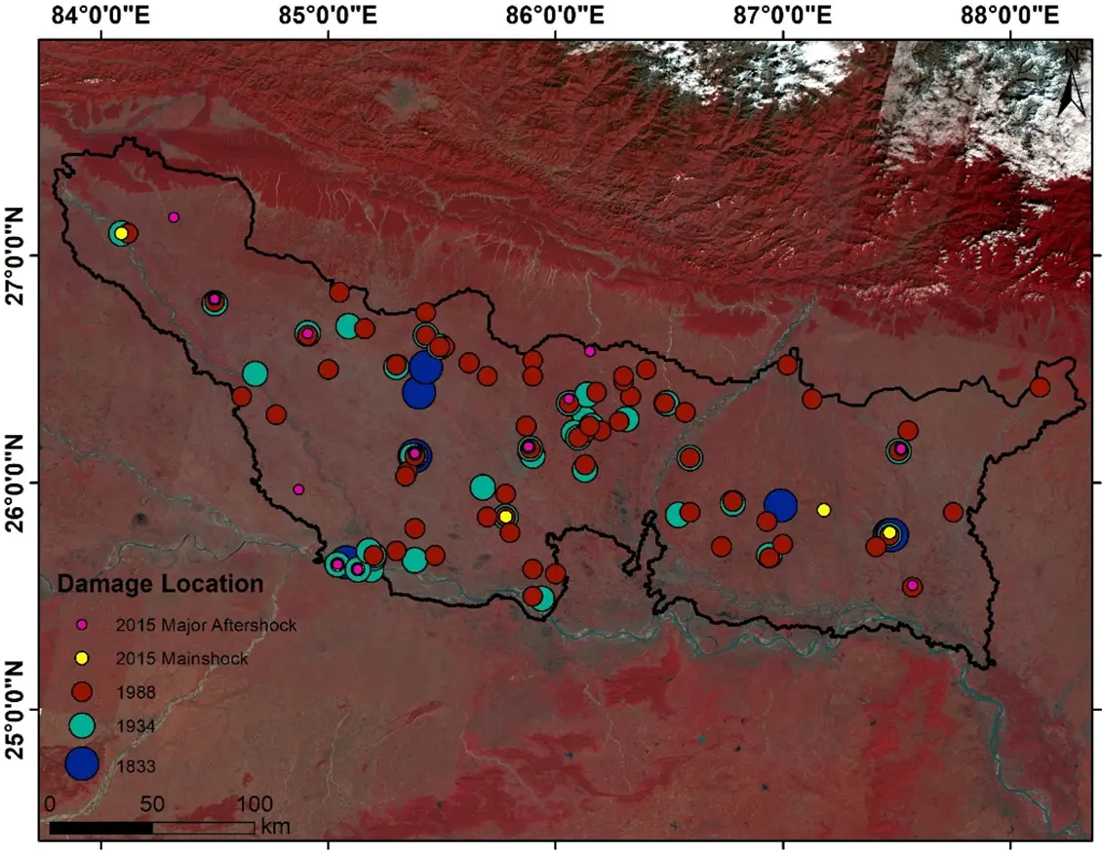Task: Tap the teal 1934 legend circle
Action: tap(83, 724)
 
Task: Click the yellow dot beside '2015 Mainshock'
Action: tap(83, 658)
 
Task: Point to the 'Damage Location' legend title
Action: tap(160, 585)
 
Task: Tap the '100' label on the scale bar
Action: tap(256, 805)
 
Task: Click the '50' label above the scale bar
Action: tap(152, 805)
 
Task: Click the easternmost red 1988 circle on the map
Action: tap(1040, 387)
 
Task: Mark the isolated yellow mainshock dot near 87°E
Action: tap(824, 510)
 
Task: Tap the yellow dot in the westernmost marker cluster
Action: tap(120, 233)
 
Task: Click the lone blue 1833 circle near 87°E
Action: tap(780, 504)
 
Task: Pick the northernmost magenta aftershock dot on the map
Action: tap(174, 217)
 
